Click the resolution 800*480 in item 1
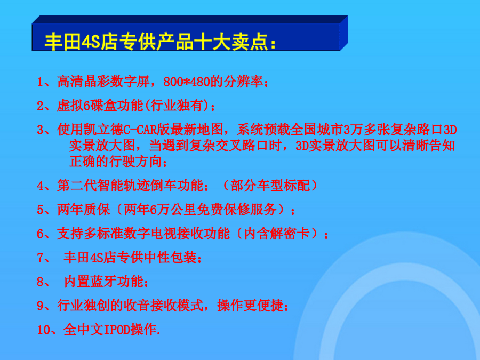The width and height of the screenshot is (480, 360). point(187,82)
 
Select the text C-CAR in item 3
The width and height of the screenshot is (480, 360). point(140,130)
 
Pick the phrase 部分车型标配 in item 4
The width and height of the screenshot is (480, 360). point(270,186)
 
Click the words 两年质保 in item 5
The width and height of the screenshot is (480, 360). point(84,210)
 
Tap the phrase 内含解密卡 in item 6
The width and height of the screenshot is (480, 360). point(277,234)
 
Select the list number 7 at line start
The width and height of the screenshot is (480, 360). point(41,258)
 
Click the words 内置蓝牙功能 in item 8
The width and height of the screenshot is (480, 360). point(103,282)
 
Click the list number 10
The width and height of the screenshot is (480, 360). point(44,330)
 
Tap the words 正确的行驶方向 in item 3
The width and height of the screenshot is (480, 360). point(115,162)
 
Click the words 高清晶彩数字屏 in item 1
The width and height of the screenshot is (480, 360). point(103,82)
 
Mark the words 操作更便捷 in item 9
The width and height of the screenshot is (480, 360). point(250,306)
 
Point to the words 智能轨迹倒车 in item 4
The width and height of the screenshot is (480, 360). point(130,186)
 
